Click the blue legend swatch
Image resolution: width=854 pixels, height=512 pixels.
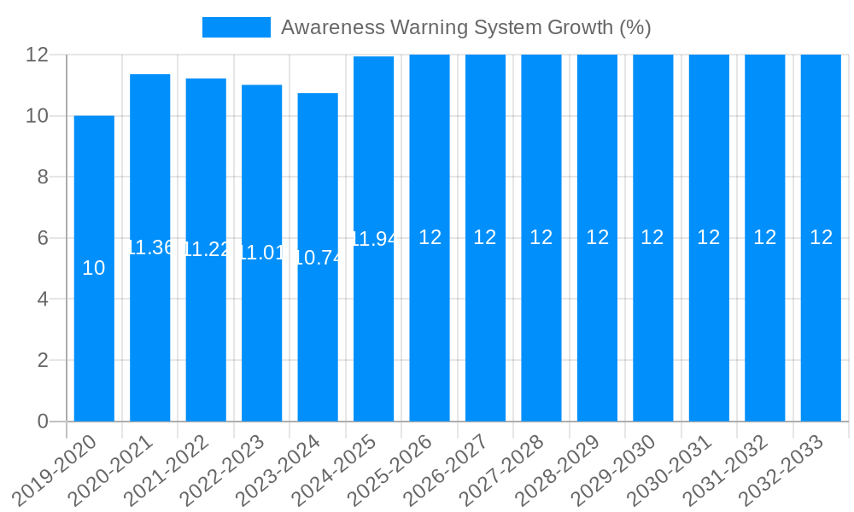point(236,27)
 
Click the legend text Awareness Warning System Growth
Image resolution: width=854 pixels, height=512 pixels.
point(465,27)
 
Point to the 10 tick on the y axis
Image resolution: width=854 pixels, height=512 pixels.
point(38,116)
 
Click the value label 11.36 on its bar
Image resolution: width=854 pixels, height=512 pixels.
point(150,247)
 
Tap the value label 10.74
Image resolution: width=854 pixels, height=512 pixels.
point(318,258)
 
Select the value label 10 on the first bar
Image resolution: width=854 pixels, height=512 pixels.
point(94,268)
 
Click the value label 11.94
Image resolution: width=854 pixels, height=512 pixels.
point(374,239)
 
